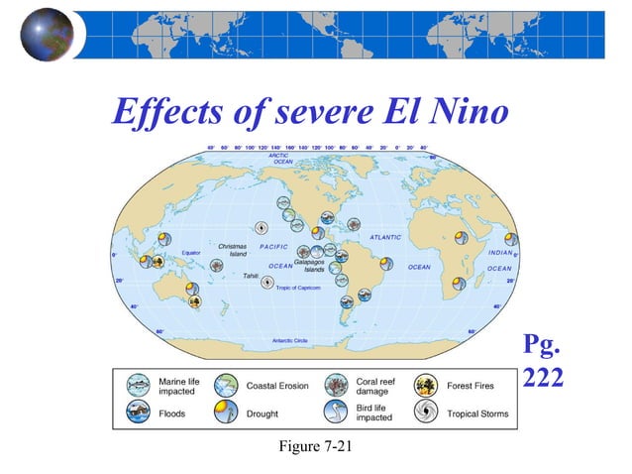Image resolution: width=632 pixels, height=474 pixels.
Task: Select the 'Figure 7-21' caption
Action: point(316,450)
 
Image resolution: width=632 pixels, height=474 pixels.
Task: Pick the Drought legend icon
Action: point(226,413)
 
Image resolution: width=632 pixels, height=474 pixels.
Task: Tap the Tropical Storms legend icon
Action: point(428,413)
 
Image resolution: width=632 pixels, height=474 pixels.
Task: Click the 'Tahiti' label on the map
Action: point(251,276)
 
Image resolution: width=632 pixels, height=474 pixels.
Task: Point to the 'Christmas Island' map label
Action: point(232,250)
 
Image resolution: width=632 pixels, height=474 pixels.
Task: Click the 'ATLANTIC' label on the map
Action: point(385,237)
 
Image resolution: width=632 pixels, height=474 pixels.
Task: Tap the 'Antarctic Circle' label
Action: point(290,340)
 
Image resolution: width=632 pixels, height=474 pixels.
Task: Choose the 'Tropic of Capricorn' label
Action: point(298,288)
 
